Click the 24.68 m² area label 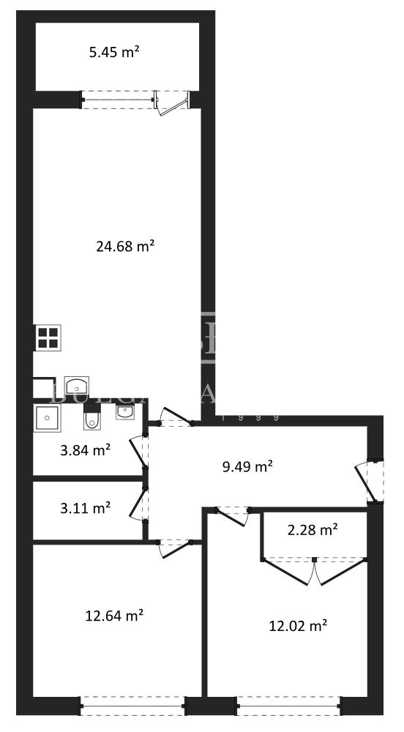pos(124,246)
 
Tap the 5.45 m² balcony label pos(114,52)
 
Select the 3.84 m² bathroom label pos(85,450)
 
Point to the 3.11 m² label pos(85,507)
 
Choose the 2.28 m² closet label pos(313,529)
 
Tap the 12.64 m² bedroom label pos(113,616)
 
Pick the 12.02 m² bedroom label pos(297,625)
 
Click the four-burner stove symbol pos(48,337)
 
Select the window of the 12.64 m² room pos(132,706)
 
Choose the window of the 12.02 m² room pos(287,706)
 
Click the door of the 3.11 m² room pos(138,504)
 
